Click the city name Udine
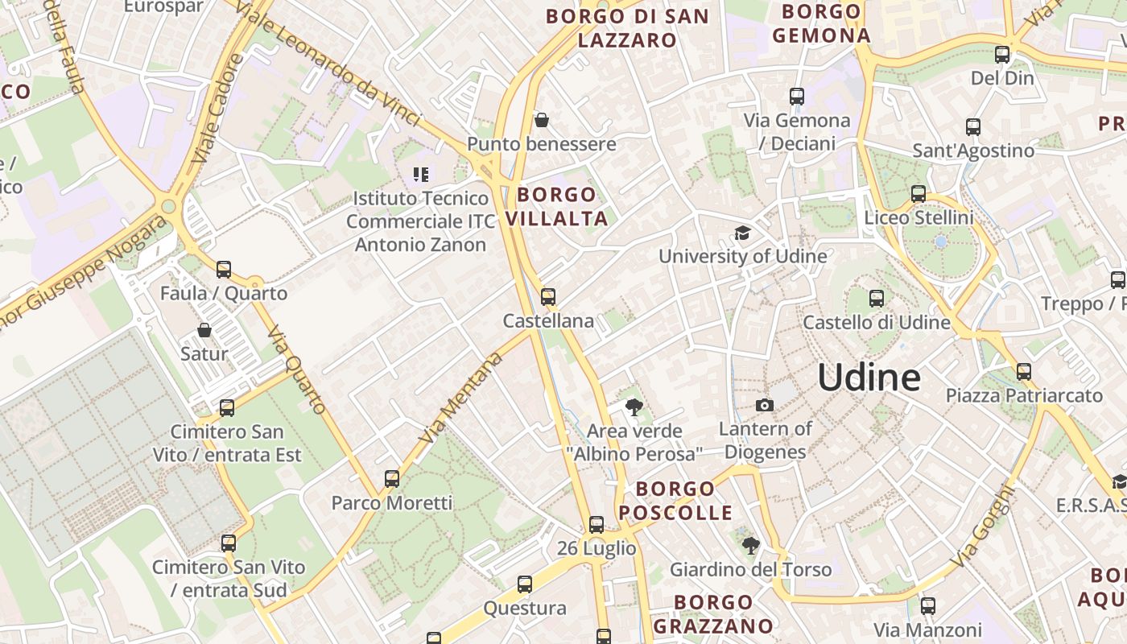pos(869,378)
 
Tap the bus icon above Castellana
pos(548,297)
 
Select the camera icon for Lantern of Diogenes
pos(764,405)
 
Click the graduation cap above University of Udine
pos(741,233)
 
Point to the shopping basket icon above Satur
pos(204,330)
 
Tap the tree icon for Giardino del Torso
pos(750,546)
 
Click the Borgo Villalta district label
pos(556,206)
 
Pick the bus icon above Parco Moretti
pos(392,479)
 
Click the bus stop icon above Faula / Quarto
pos(224,270)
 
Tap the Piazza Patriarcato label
pos(1024,395)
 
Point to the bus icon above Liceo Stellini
pos(919,194)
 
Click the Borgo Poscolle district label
pos(675,501)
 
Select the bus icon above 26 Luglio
pos(597,525)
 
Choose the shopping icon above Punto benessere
pos(542,121)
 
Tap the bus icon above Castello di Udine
pos(877,299)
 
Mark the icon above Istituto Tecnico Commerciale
pos(420,174)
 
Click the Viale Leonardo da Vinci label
pos(333,64)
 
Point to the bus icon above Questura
pos(525,584)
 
